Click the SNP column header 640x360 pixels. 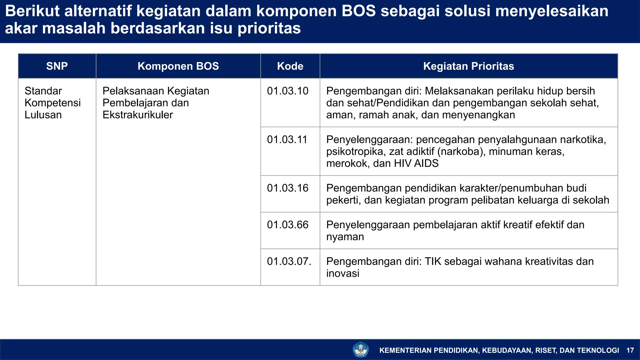tap(57, 66)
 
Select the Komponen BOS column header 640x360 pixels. tap(178, 66)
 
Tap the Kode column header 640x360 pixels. tap(290, 66)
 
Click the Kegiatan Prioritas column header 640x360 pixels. tap(468, 66)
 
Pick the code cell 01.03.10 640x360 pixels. tap(287, 91)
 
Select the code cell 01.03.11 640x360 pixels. tap(287, 139)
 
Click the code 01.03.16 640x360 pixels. tap(287, 188)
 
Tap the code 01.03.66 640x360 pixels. tap(287, 225)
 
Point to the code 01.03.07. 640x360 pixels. tap(289, 261)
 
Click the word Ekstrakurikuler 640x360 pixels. tap(137, 115)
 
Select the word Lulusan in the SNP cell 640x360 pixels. tap(43, 115)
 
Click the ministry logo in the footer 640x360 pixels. tap(361, 350)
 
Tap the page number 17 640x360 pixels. tap(630, 350)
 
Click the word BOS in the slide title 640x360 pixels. tap(358, 11)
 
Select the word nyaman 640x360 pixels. tap(345, 237)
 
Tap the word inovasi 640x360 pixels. tap(342, 273)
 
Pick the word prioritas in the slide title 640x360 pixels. tap(269, 28)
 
